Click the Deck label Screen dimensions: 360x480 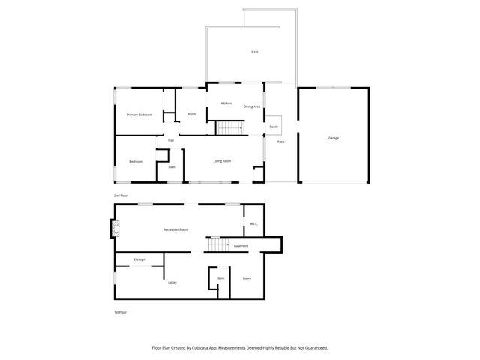pos(254,52)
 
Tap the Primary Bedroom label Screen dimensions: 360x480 pos(139,115)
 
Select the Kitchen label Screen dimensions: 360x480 pos(226,103)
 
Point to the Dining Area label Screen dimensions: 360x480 pos(252,106)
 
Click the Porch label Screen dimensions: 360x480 pos(274,127)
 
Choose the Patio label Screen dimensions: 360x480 pos(280,142)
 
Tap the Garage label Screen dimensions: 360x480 pos(333,139)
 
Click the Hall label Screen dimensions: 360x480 pos(171,140)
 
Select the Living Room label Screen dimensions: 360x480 pos(222,161)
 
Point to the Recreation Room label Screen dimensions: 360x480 pos(175,229)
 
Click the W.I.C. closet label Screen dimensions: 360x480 pos(254,223)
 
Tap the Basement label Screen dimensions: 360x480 pos(241,246)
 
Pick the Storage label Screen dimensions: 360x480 pos(139,259)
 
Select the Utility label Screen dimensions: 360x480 pos(172,283)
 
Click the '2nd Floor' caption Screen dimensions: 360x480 pos(120,195)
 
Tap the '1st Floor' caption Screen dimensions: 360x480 pos(120,312)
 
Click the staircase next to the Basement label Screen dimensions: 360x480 pos(216,245)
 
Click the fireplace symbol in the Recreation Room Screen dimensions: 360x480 pos(114,229)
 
